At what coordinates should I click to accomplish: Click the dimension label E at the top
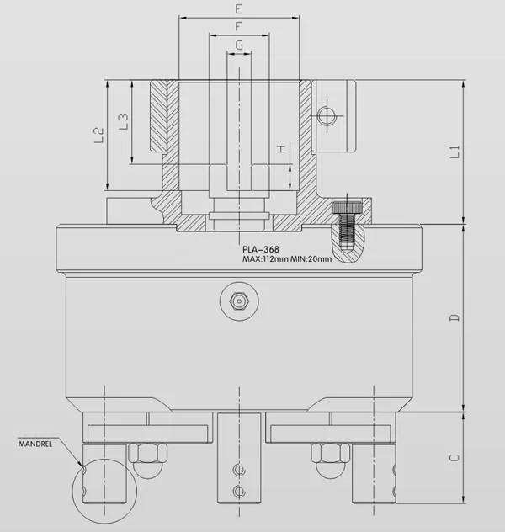pyautogui.click(x=240, y=9)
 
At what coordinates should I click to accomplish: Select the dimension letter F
pyautogui.click(x=240, y=27)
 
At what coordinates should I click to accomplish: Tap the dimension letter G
pyautogui.click(x=240, y=45)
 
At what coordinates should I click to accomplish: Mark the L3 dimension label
pyautogui.click(x=124, y=122)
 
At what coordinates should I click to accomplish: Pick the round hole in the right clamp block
pyautogui.click(x=327, y=114)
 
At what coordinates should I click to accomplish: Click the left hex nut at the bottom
pyautogui.click(x=144, y=454)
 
